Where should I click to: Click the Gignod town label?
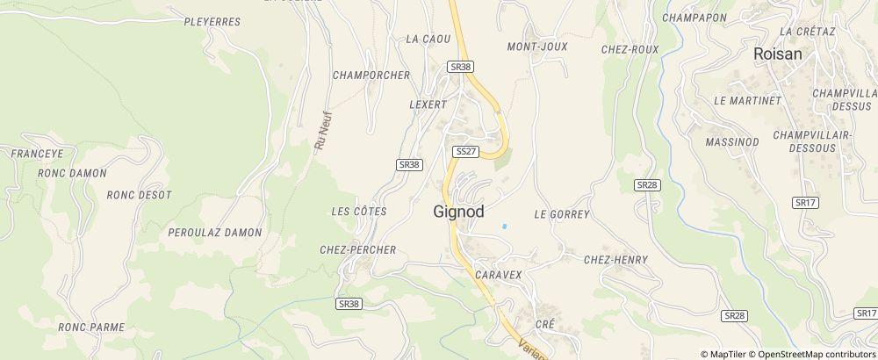click(x=459, y=212)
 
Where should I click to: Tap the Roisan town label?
click(x=779, y=54)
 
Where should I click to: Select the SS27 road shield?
click(x=465, y=152)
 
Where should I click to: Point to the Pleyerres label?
click(x=212, y=22)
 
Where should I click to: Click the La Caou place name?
click(x=428, y=40)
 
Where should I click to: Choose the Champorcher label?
click(x=371, y=76)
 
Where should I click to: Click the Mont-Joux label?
click(x=537, y=47)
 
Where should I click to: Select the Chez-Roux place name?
click(x=630, y=50)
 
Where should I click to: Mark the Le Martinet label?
click(x=747, y=101)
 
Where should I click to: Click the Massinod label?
click(x=731, y=141)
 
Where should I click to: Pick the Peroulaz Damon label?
click(x=215, y=233)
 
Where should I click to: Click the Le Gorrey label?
click(x=562, y=214)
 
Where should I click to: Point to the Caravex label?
click(x=499, y=275)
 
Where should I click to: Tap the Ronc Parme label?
click(x=91, y=328)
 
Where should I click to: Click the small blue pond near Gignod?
click(x=504, y=227)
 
